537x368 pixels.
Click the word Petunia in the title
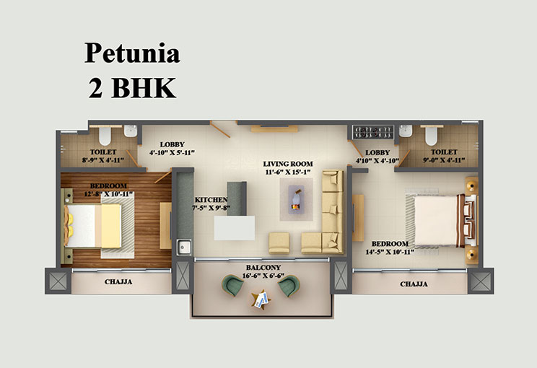(132, 53)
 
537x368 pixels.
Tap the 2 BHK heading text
(132, 87)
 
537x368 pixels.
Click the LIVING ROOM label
(288, 164)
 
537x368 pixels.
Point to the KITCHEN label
(211, 200)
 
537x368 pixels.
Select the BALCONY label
(263, 268)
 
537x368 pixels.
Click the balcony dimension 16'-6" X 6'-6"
(263, 276)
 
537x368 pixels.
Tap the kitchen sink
(184, 247)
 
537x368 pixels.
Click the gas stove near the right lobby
(373, 133)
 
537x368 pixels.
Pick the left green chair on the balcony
(232, 285)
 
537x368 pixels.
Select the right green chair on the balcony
(289, 286)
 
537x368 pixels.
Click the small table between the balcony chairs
(261, 300)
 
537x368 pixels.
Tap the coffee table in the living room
(296, 200)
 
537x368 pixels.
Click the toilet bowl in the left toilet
(105, 136)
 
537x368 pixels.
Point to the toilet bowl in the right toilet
(431, 136)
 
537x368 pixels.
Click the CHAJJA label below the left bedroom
(118, 281)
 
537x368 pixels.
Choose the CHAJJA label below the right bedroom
(414, 284)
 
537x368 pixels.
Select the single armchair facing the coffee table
(279, 243)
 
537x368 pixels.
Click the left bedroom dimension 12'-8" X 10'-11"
(108, 194)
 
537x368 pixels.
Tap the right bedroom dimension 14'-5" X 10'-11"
(390, 253)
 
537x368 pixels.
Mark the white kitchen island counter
(235, 227)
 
